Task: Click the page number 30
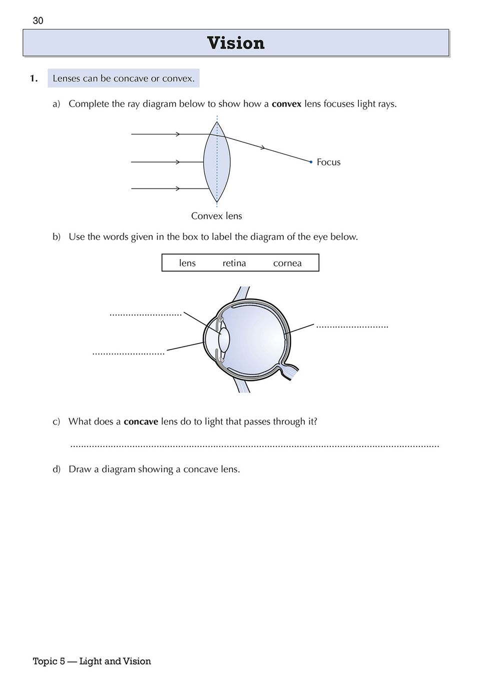tap(38, 20)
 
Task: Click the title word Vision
tap(236, 43)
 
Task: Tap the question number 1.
tap(34, 78)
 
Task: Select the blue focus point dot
tap(311, 162)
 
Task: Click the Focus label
tap(328, 162)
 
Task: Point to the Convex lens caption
tap(216, 216)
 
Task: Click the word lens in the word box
tap(187, 263)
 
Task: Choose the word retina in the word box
tap(234, 263)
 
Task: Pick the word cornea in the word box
tap(287, 263)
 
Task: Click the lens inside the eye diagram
tap(224, 339)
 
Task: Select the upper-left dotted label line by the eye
tap(145, 315)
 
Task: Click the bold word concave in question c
tap(141, 421)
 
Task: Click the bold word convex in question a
tap(286, 104)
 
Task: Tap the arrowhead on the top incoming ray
tap(178, 134)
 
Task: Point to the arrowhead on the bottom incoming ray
tap(178, 188)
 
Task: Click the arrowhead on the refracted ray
tap(263, 148)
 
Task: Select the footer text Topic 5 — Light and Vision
tap(92, 661)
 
